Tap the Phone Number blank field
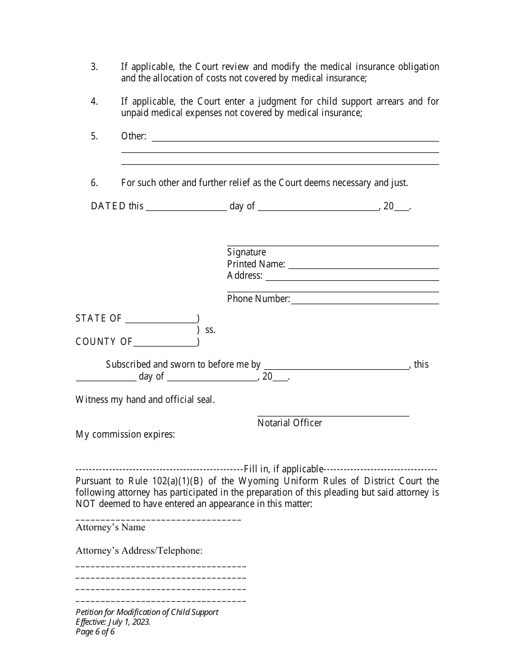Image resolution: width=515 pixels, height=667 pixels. (365, 299)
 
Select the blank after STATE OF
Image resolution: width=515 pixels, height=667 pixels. (161, 319)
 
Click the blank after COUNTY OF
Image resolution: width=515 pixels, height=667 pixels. (165, 342)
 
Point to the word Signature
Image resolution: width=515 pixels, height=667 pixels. (247, 252)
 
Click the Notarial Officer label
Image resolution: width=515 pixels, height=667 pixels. (289, 423)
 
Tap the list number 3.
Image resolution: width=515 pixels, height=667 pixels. (94, 67)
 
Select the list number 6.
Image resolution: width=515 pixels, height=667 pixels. (94, 183)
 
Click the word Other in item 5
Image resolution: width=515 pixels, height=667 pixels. (133, 136)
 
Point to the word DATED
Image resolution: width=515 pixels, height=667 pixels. (108, 206)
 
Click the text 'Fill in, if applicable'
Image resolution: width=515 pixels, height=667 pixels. (284, 469)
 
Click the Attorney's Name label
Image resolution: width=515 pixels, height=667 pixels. (111, 527)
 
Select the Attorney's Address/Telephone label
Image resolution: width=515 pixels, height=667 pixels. (139, 550)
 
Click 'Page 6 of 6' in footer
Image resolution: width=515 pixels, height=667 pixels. (95, 631)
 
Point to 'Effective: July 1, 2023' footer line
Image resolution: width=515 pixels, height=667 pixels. (113, 621)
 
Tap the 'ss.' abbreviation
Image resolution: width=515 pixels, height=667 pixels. (210, 330)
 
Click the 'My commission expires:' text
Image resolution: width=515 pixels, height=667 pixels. (125, 434)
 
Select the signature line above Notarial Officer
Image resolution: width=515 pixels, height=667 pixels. (333, 415)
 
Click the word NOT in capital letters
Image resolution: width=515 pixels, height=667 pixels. (86, 504)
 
